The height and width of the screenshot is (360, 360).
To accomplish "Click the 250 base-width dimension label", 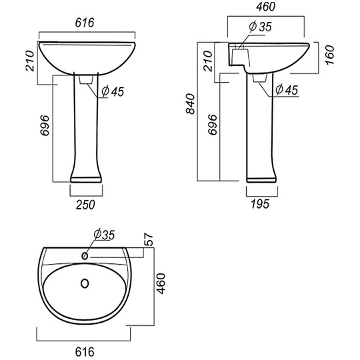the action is (85, 205).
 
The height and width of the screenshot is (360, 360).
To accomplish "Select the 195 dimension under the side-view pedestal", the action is (260, 204).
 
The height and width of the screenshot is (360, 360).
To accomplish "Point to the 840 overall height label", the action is (191, 103).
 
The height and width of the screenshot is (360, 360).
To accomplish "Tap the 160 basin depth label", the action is (330, 55).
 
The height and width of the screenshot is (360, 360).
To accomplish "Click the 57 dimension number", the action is (149, 239).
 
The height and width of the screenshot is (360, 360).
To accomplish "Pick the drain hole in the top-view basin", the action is (85, 283).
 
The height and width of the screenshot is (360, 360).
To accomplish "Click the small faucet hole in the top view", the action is (85, 255).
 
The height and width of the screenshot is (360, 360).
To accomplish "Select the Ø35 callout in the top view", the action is (104, 235).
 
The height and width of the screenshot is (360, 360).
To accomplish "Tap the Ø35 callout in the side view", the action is (260, 27).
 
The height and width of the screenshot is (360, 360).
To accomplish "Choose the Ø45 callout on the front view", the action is (113, 91).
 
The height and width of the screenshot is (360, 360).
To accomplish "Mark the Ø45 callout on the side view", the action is (287, 90).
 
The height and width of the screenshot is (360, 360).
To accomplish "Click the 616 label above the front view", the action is (85, 23).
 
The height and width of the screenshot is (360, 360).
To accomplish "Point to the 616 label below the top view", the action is (85, 352).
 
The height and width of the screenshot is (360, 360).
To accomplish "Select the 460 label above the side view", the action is (265, 7).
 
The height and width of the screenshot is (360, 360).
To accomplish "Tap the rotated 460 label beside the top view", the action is (161, 283).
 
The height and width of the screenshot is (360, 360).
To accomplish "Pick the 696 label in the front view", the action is (45, 125).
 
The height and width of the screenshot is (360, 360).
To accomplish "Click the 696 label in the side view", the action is (213, 125).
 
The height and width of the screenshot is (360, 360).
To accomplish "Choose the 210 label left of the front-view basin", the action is (30, 61).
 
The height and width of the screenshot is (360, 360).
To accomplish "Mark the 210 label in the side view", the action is (208, 61).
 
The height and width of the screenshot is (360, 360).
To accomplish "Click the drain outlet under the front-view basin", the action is (86, 80).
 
